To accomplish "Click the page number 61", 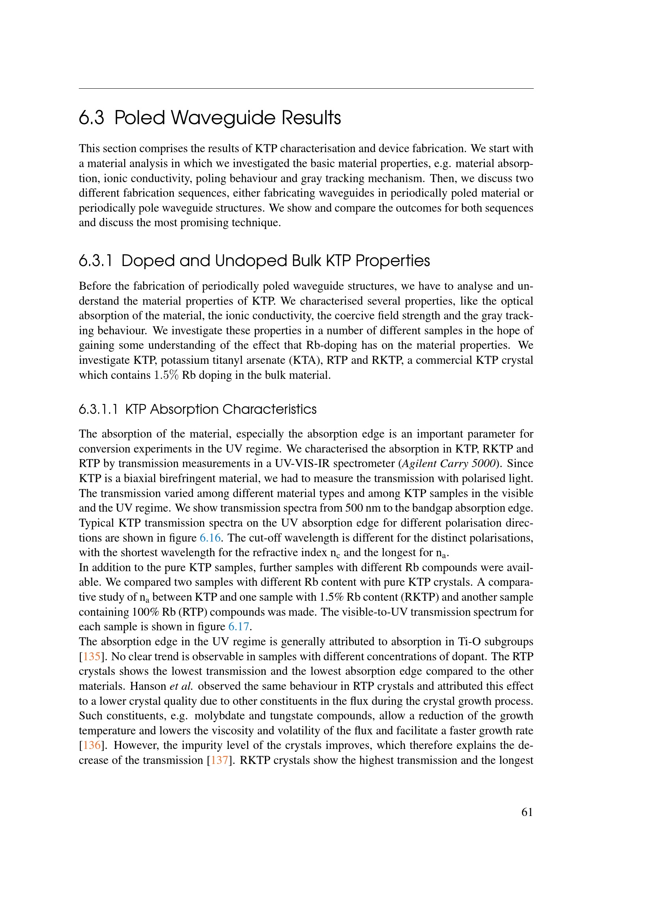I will tap(527, 812).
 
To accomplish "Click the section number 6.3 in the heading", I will tap(91, 118).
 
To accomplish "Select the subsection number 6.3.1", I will tap(95, 261).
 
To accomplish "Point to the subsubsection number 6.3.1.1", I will tap(99, 410).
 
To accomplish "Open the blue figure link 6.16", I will tap(210, 538).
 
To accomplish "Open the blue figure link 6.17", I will tap(239, 626).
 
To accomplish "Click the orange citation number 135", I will tap(91, 656).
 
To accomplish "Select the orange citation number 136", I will tap(91, 745).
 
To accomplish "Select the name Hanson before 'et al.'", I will tap(148, 686).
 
